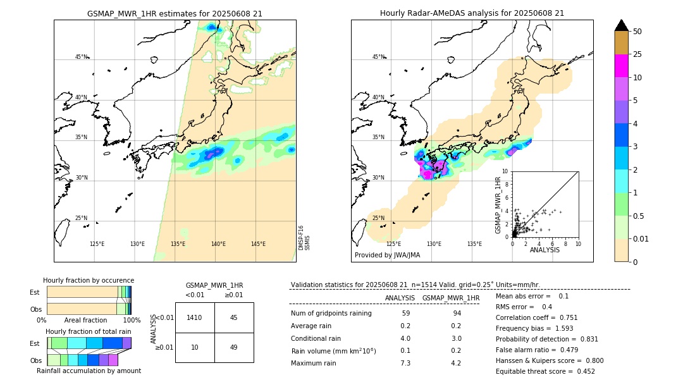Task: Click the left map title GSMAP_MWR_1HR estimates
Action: [x=175, y=13]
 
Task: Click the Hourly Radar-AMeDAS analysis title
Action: [x=472, y=13]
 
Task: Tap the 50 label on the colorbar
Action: [x=637, y=32]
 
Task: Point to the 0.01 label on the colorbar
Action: [x=641, y=238]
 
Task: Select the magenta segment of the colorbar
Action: [x=622, y=66]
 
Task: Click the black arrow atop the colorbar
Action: [x=622, y=25]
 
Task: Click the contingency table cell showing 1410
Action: [x=195, y=317]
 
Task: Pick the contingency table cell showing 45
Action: [x=234, y=317]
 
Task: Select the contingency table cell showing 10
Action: [x=195, y=347]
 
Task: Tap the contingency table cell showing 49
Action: [x=234, y=347]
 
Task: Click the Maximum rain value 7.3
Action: [x=405, y=363]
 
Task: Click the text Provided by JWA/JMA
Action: [x=387, y=255]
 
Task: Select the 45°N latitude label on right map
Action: [x=378, y=57]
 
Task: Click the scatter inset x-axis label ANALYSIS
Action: [x=545, y=250]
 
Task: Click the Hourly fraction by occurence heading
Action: [x=89, y=280]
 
